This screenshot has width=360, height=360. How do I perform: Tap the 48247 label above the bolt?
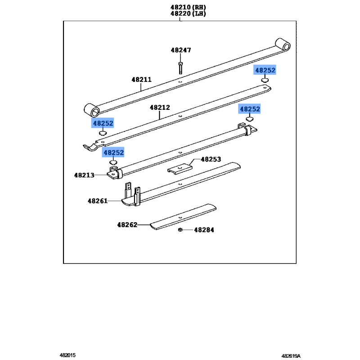pos(180,50)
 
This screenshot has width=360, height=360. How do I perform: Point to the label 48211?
pos(141,80)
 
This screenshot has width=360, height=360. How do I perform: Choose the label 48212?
pos(160,108)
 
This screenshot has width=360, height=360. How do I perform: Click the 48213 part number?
pos(84,175)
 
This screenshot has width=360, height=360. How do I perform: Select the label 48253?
pos(211,159)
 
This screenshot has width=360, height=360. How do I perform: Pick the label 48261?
pos(98,201)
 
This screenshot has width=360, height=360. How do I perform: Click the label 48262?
pos(127,224)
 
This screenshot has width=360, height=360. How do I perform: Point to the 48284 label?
pos(204,230)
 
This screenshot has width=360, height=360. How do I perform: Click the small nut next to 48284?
pos(180,229)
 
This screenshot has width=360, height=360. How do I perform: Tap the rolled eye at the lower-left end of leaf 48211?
pos(92,109)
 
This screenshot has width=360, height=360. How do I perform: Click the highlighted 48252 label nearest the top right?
pos(265,70)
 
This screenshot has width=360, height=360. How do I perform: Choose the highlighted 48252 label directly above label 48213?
pos(113,153)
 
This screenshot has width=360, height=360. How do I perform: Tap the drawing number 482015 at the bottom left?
pos(67,355)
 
